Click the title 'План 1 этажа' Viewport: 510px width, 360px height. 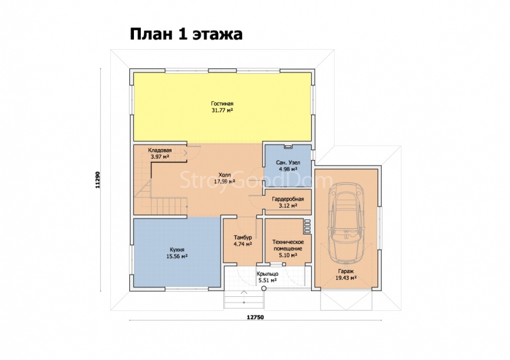point(186,34)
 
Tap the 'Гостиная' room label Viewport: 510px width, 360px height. point(222,104)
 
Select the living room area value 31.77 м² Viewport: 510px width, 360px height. point(222,111)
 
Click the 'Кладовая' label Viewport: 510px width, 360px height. point(160,150)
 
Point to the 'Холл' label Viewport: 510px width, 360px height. point(224,175)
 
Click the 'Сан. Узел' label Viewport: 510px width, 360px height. point(288,162)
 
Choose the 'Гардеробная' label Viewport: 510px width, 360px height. point(288,199)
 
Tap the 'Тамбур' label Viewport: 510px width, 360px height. point(243,238)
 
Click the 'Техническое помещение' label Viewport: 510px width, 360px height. point(288,245)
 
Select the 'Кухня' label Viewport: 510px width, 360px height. point(177,250)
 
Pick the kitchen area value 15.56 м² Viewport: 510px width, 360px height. point(177,257)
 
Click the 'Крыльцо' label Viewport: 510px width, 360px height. point(267,274)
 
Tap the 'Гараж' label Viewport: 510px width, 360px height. point(346,271)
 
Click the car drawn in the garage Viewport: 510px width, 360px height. point(346,223)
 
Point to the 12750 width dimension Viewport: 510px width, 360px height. point(256,317)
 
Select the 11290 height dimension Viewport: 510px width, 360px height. point(98,180)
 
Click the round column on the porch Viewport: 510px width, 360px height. point(264,288)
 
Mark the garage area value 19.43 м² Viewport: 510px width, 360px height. point(346,278)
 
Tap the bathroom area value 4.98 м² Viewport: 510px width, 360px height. point(288,169)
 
